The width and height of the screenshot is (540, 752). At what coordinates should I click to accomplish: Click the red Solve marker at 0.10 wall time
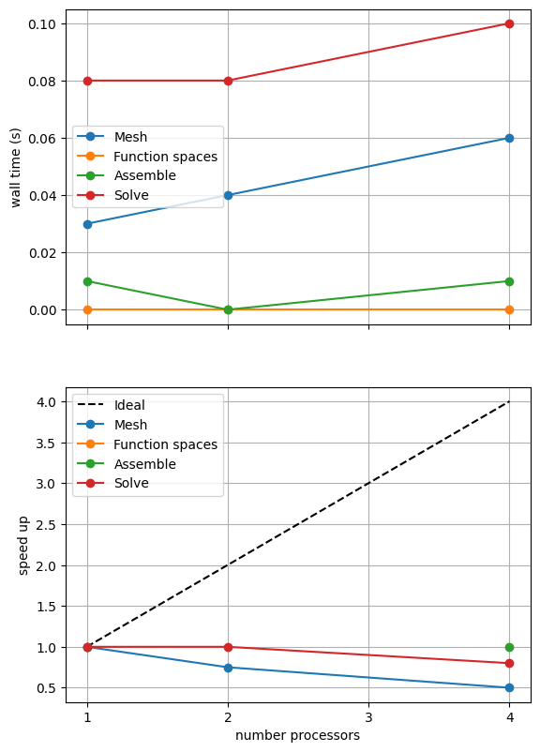509,24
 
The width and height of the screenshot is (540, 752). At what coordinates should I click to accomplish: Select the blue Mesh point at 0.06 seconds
509,138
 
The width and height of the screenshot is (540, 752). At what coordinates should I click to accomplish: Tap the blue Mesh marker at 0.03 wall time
87,224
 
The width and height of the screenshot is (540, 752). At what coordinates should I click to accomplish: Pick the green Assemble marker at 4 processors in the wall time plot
509,281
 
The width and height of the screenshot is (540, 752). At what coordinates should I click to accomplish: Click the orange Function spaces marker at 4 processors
509,309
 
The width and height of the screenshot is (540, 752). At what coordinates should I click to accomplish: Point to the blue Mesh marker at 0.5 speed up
509,687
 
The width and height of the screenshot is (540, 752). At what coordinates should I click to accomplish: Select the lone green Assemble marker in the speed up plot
509,647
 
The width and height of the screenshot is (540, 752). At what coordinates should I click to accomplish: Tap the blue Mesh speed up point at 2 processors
228,668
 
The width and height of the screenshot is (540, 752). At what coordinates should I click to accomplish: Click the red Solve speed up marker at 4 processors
509,663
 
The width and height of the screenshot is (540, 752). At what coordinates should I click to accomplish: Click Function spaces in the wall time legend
165,157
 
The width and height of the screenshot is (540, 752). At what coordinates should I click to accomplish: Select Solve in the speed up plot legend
131,483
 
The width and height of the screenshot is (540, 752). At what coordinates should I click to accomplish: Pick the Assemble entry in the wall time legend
144,175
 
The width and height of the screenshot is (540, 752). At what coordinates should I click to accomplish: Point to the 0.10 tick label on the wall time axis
42,24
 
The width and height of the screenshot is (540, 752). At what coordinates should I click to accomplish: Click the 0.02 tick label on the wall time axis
42,253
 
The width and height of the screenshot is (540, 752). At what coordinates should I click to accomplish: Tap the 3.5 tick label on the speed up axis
46,444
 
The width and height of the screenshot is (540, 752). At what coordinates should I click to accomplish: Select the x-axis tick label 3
368,717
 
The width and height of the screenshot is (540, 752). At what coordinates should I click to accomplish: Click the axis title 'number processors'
297,735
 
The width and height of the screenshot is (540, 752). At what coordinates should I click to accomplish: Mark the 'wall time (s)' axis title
16,168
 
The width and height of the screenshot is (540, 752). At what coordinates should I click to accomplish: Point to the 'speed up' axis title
23,546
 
